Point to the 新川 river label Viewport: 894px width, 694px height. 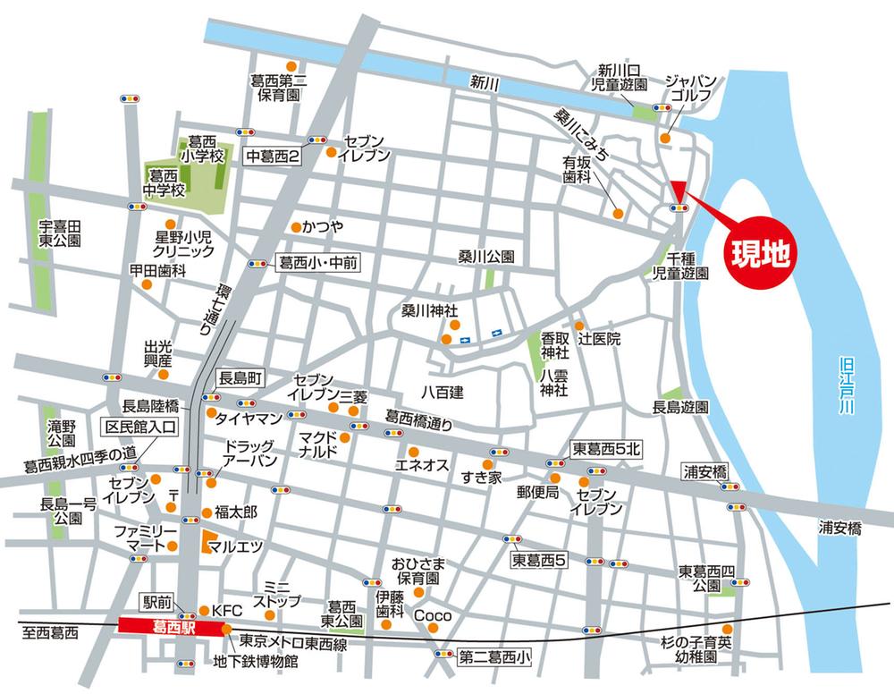484,82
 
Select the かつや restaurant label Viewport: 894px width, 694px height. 323,226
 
